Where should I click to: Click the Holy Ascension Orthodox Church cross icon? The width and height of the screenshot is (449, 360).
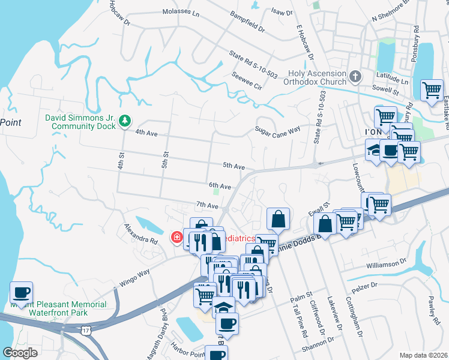(355, 77)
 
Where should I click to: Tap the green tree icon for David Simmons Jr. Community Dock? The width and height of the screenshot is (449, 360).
(125, 121)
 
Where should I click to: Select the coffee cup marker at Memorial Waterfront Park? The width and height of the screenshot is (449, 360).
(22, 293)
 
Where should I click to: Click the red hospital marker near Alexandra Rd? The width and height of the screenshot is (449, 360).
(177, 238)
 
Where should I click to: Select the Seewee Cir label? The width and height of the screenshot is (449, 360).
(247, 81)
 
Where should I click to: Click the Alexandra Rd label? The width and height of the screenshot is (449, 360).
(140, 233)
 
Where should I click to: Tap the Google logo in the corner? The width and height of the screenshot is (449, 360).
(20, 352)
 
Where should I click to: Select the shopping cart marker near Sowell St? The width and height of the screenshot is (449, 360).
(432, 91)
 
